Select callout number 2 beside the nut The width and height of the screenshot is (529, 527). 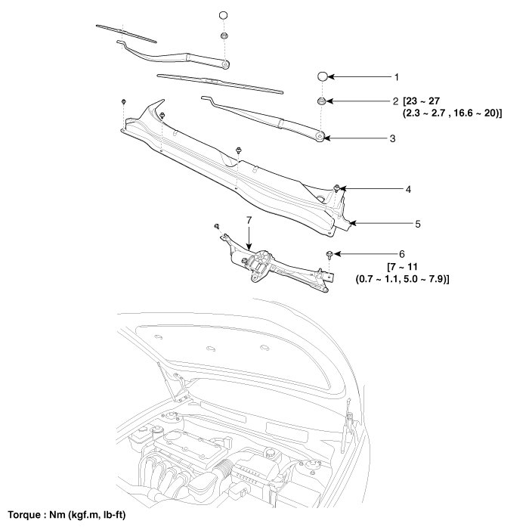[394, 101]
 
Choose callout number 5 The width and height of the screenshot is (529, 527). [417, 224]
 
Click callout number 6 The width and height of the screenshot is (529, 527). [402, 254]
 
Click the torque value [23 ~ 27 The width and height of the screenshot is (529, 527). [422, 101]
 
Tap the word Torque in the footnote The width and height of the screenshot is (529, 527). [26, 514]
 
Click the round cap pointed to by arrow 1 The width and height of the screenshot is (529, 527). [322, 77]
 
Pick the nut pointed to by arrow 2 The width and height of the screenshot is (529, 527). [322, 101]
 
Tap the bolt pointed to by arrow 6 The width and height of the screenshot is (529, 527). [331, 255]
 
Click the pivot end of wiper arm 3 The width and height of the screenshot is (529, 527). [320, 137]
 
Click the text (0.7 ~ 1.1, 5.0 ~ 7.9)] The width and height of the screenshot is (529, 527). [403, 279]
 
